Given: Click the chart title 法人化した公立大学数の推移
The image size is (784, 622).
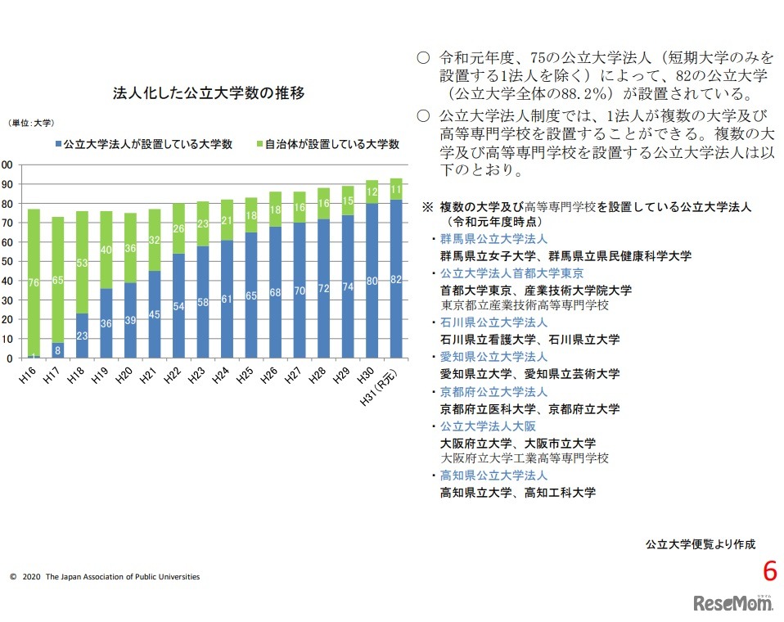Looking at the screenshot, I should pyautogui.click(x=209, y=93).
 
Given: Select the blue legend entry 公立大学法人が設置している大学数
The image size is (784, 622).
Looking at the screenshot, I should pyautogui.click(x=143, y=144).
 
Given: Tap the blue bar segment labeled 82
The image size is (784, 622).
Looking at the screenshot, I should pyautogui.click(x=396, y=279).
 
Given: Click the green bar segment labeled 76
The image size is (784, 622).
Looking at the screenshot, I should pyautogui.click(x=34, y=282).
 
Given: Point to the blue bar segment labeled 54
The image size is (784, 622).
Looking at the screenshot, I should pyautogui.click(x=178, y=306).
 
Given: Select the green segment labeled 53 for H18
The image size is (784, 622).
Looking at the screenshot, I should pyautogui.click(x=82, y=263).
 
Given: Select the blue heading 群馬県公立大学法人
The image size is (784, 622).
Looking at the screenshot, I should pyautogui.click(x=493, y=238).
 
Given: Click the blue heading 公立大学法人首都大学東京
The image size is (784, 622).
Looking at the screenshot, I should pyautogui.click(x=511, y=273).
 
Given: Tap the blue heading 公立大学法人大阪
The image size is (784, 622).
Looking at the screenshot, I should pyautogui.click(x=488, y=426).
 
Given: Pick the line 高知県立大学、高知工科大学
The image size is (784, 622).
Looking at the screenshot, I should pyautogui.click(x=517, y=493).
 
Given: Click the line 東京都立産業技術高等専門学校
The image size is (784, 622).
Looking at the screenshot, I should pyautogui.click(x=524, y=305).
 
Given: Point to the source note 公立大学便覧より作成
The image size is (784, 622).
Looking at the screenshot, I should pyautogui.click(x=700, y=543).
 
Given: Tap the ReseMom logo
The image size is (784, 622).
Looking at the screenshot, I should pyautogui.click(x=733, y=602).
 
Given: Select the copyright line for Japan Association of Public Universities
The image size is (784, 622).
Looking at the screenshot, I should pyautogui.click(x=105, y=577).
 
